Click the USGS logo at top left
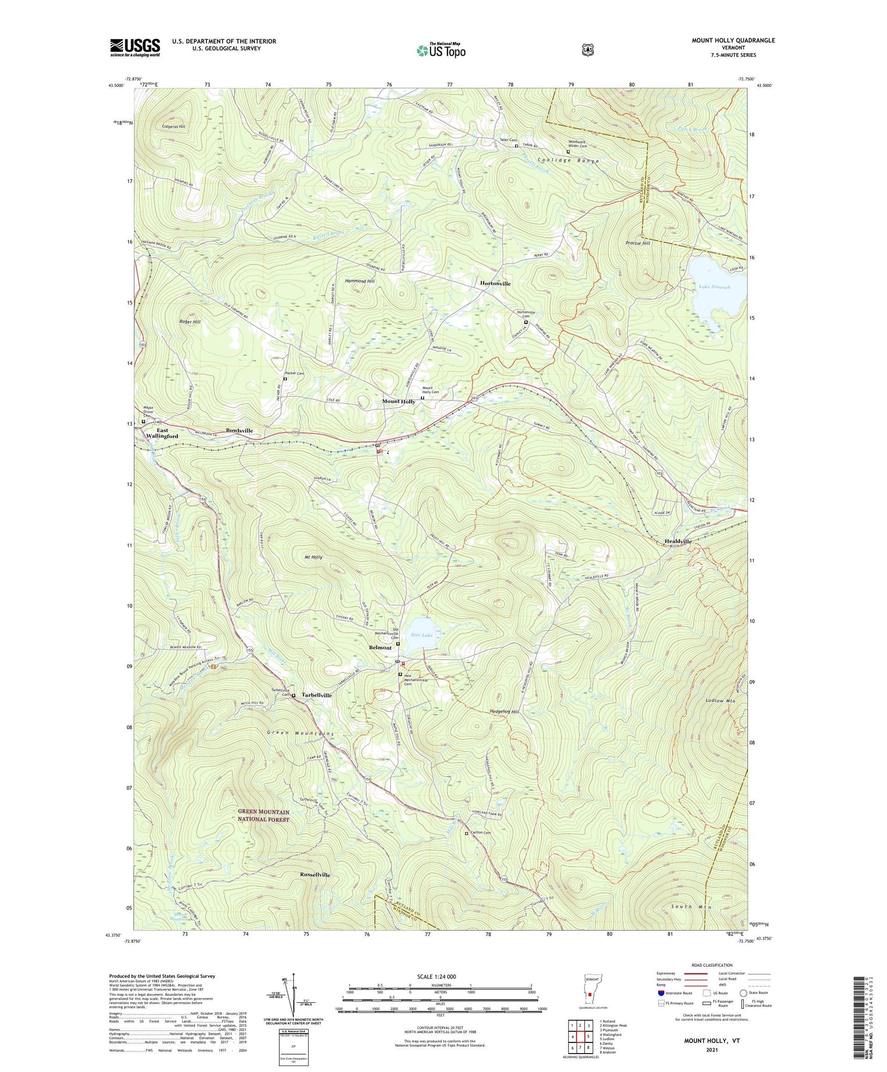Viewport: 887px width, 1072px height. coord(135,47)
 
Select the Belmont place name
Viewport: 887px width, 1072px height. coord(380,647)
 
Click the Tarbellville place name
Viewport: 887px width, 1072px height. coord(316,695)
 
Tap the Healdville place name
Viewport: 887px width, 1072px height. coord(678,542)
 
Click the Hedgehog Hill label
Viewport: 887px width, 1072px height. coord(504,712)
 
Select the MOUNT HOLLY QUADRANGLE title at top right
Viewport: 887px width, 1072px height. coord(733,40)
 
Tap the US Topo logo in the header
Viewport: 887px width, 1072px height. coord(441,50)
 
